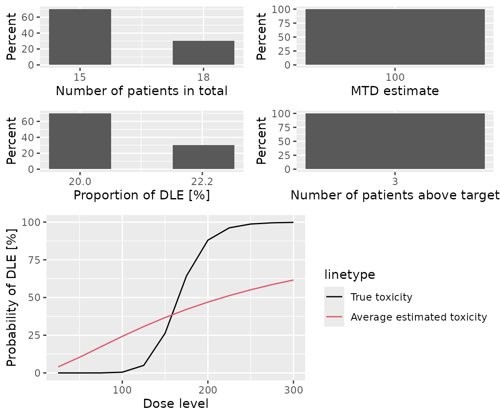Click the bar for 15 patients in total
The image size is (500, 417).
click(x=80, y=37)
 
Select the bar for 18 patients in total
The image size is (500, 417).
click(x=204, y=53)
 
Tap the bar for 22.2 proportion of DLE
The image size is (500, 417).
click(x=204, y=157)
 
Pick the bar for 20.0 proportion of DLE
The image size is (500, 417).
click(x=80, y=141)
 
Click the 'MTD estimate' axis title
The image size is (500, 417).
click(x=395, y=91)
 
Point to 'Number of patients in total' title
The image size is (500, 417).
click(x=141, y=91)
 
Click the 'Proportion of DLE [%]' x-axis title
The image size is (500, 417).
click(x=141, y=195)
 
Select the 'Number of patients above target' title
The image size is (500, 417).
click(x=395, y=195)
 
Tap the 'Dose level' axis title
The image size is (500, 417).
click(x=176, y=404)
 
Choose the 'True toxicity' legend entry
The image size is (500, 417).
click(x=381, y=297)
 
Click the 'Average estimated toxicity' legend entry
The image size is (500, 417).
click(x=418, y=318)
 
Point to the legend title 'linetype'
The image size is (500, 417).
click(x=349, y=275)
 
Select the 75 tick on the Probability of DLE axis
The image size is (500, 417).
click(x=35, y=260)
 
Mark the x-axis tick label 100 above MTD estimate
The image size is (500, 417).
click(x=395, y=77)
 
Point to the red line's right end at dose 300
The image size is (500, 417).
click(x=293, y=280)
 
